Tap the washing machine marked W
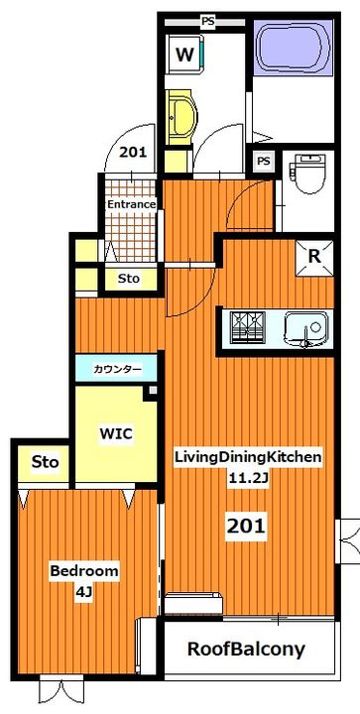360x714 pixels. click(184, 56)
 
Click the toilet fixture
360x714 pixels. click(309, 174)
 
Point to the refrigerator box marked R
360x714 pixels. click(314, 257)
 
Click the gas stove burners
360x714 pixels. click(247, 327)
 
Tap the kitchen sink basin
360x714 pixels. click(306, 328)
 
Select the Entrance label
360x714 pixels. click(131, 204)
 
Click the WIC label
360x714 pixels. click(116, 433)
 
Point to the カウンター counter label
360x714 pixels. click(117, 368)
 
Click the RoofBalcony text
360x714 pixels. click(246, 650)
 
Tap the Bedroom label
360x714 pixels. click(84, 571)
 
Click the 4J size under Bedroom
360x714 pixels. click(84, 593)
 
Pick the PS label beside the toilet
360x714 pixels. click(264, 161)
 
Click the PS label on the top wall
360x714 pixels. click(208, 21)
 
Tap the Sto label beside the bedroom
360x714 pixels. click(45, 462)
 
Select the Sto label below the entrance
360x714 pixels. click(129, 278)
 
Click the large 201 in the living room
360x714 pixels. click(246, 527)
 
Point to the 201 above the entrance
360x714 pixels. click(133, 152)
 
